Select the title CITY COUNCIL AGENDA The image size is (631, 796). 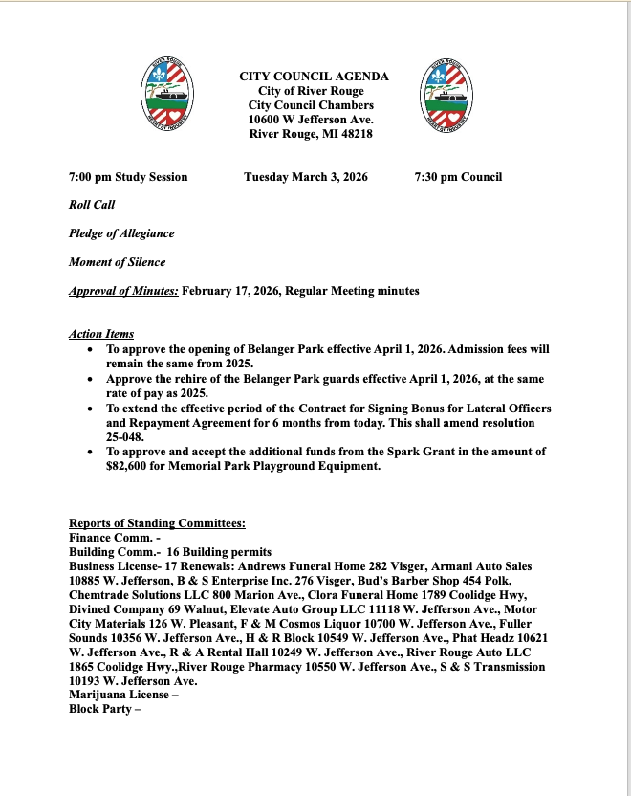[x=314, y=76]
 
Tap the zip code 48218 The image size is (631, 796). [x=354, y=134]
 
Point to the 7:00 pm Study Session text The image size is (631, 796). [x=128, y=177]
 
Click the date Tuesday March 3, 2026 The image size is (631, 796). [x=305, y=177]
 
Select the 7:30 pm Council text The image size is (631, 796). [x=458, y=177]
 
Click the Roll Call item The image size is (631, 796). [x=92, y=205]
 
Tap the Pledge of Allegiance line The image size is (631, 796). [x=121, y=233]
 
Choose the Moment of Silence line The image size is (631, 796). [x=117, y=262]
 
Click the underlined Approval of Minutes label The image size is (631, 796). [x=123, y=291]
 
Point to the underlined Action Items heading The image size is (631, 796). [x=101, y=334]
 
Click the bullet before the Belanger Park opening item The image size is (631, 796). [x=90, y=351]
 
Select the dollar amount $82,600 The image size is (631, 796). [x=134, y=466]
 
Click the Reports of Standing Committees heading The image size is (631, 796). [x=157, y=523]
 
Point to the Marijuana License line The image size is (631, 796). [x=118, y=696]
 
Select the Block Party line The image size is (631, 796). [x=104, y=710]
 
